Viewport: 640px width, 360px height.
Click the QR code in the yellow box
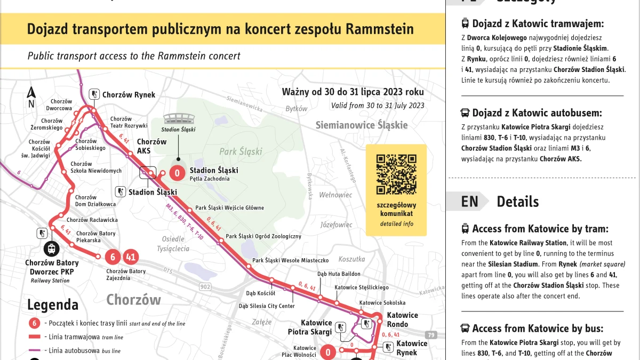396,174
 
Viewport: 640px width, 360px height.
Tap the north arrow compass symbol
31,97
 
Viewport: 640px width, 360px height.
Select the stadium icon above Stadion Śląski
179,119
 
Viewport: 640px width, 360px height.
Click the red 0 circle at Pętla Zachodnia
177,172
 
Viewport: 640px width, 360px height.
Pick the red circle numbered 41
131,257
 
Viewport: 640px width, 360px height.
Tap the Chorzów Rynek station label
129,95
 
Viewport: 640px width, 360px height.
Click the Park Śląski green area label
241,151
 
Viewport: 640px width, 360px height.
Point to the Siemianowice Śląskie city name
362,125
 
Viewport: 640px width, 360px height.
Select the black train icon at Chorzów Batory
52,249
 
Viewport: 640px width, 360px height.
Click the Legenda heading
53,305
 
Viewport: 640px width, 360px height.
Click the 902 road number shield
205,286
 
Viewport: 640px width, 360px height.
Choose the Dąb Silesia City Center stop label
267,306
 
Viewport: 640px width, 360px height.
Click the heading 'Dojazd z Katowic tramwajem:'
538,23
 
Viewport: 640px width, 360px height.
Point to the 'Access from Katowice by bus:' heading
540,329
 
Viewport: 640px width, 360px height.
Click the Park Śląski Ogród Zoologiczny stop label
263,236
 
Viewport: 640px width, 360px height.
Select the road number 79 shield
431,335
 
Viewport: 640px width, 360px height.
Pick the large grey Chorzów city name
133,300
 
